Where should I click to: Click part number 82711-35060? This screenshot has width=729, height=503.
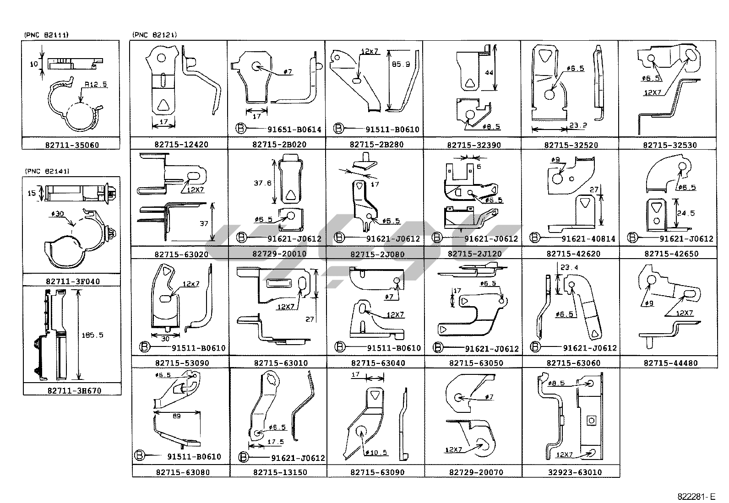pyautogui.click(x=72, y=145)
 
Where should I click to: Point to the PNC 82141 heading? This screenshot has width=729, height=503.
pyautogui.click(x=46, y=171)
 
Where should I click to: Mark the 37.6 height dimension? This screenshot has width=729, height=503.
pyautogui.click(x=262, y=183)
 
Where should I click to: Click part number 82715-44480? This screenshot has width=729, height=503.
pyautogui.click(x=670, y=363)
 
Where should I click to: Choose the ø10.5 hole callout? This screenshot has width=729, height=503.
pyautogui.click(x=377, y=452)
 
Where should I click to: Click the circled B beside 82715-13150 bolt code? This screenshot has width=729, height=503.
pyautogui.click(x=244, y=457)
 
